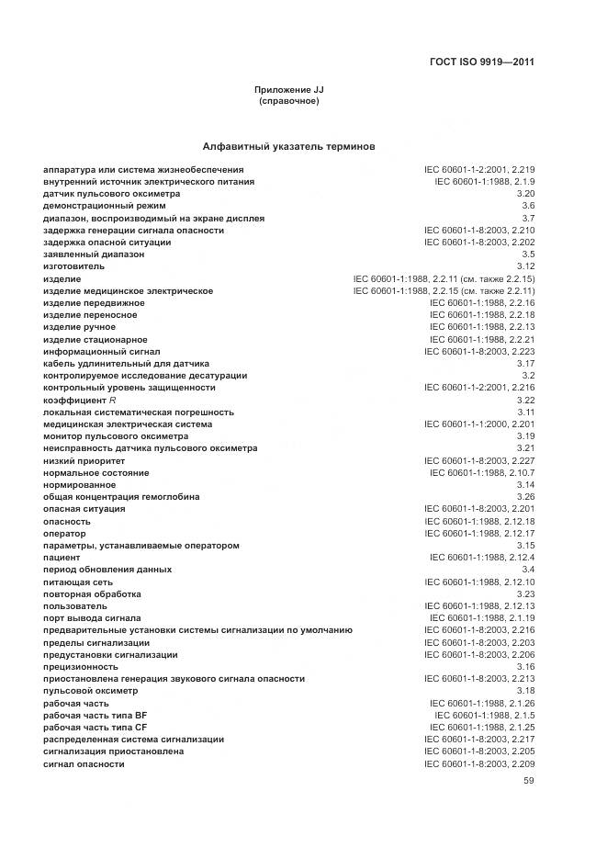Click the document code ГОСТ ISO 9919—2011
pyautogui.click(x=481, y=62)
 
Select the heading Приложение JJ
pyautogui.click(x=289, y=89)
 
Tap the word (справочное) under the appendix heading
pyautogui.click(x=289, y=101)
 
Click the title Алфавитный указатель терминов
pyautogui.click(x=288, y=146)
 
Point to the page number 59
pyautogui.click(x=528, y=781)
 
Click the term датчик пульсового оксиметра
pyautogui.click(x=98, y=194)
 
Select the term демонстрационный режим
pyautogui.click(x=92, y=206)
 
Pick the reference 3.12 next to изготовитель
pyautogui.click(x=525, y=266)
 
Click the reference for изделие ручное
pyautogui.click(x=482, y=327)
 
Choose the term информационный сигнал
pyautogui.click(x=101, y=351)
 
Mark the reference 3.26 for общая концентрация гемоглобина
pyautogui.click(x=525, y=497)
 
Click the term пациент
pyautogui.click(x=62, y=558)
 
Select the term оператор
pyautogui.click(x=64, y=533)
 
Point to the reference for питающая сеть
pyautogui.click(x=479, y=582)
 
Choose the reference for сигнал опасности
pyautogui.click(x=479, y=764)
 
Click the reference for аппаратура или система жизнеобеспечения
pyautogui.click(x=479, y=170)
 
